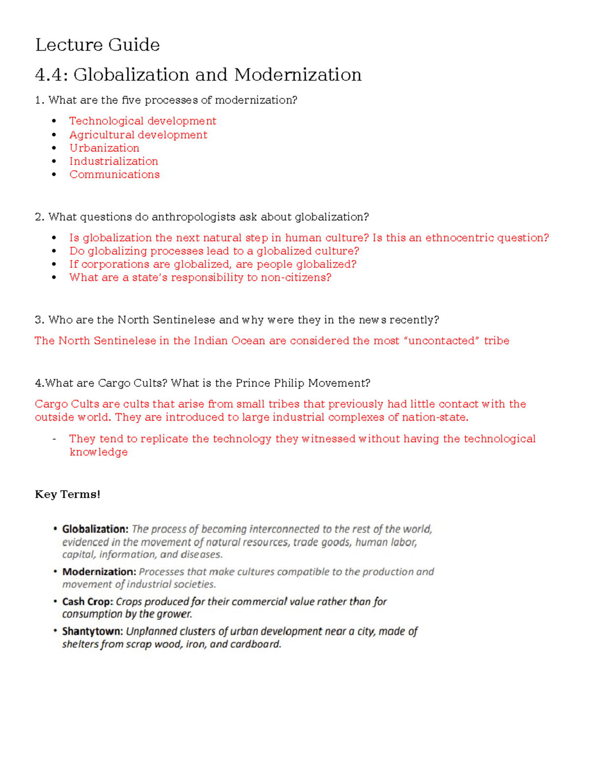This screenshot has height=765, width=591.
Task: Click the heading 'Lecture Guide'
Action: tap(98, 45)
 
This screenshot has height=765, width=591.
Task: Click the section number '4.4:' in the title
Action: tap(51, 75)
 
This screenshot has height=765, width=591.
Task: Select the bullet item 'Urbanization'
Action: tap(104, 148)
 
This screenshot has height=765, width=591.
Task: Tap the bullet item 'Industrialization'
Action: tap(114, 162)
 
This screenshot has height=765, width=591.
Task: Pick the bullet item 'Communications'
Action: tap(114, 174)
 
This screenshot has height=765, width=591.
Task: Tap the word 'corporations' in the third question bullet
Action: tap(115, 265)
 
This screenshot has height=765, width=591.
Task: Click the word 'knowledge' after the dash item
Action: tap(98, 452)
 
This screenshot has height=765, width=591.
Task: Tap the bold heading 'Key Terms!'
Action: tap(67, 495)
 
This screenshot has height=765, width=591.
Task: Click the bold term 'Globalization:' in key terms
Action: tap(95, 530)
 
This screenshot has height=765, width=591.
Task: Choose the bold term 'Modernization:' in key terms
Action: tap(99, 572)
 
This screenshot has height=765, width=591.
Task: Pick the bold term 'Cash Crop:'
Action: tap(88, 602)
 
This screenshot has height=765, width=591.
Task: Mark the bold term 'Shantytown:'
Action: tap(92, 632)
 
